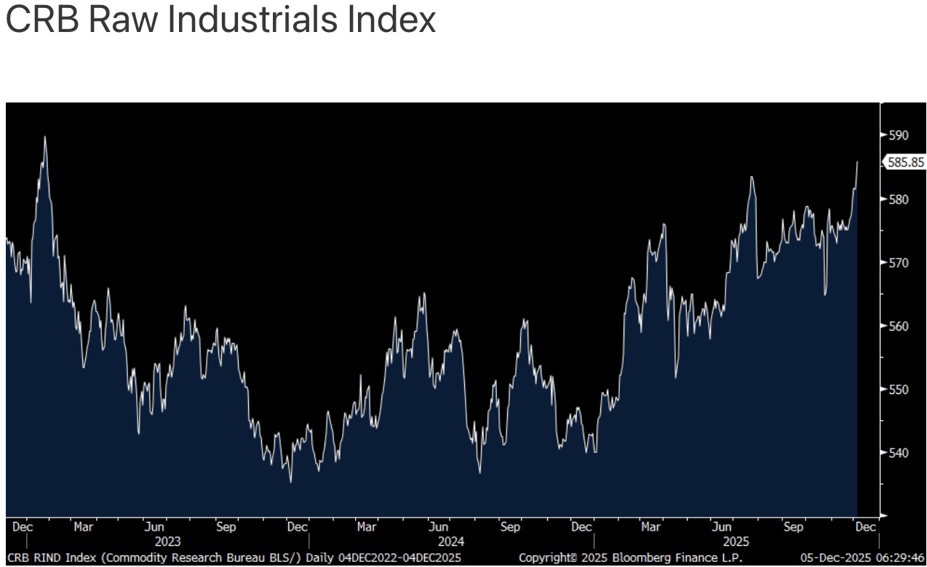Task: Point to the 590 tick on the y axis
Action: click(899, 135)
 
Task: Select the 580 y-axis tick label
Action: click(899, 199)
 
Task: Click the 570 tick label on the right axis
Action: click(899, 262)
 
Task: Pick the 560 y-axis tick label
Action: click(899, 326)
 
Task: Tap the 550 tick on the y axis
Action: click(899, 390)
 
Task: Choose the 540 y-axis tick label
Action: click(899, 453)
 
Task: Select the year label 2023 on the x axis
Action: click(167, 542)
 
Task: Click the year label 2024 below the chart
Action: click(451, 542)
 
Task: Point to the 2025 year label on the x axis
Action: click(736, 542)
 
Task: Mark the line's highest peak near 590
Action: click(45, 137)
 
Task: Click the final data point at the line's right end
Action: click(857, 162)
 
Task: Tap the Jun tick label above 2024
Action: click(438, 527)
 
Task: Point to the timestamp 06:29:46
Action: click(899, 558)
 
